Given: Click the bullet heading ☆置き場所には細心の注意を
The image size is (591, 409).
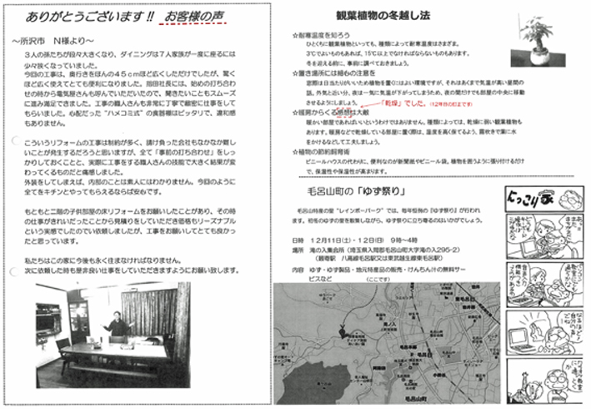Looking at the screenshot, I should [x=332, y=73].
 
